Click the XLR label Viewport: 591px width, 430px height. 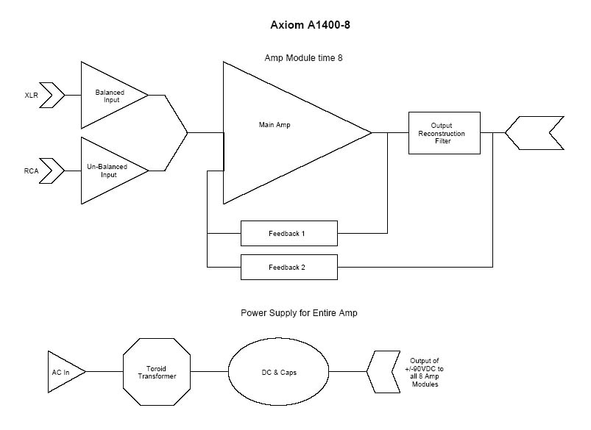(31, 96)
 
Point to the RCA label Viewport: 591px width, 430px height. (31, 171)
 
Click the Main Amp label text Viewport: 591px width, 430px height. (275, 125)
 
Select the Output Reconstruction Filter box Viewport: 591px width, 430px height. (444, 133)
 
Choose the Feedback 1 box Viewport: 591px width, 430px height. (289, 233)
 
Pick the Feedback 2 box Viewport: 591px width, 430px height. (289, 267)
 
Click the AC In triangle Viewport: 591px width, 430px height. (63, 372)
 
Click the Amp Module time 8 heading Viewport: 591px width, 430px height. (303, 58)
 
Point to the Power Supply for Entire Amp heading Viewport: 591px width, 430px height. (300, 312)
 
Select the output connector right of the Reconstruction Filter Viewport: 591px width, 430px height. (534, 133)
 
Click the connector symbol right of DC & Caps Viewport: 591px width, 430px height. (382, 372)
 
